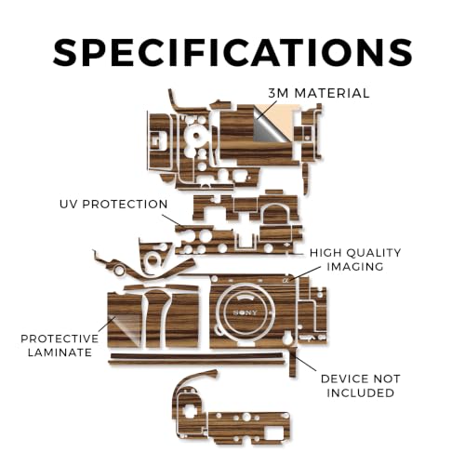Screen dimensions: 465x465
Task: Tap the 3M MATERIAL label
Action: [x=319, y=93]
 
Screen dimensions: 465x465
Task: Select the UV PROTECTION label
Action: [x=113, y=205]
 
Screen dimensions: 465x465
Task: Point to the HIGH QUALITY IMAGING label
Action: [x=355, y=259]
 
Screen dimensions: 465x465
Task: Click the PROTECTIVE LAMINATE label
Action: [x=60, y=345]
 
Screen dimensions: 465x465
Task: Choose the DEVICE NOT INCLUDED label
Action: [x=361, y=386]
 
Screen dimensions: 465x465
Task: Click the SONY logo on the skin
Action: [x=245, y=312]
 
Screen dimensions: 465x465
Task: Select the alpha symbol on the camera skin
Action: [x=286, y=280]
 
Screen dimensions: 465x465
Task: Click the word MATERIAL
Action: [x=332, y=93]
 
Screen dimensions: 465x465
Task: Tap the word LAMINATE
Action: [x=60, y=352]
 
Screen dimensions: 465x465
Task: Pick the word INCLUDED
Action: [x=361, y=392]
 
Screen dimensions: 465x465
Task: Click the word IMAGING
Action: [x=355, y=267]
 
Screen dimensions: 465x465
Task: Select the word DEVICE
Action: [x=341, y=379]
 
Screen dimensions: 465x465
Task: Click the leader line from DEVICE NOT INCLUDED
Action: [x=305, y=363]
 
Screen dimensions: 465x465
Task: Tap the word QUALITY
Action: [x=374, y=253]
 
